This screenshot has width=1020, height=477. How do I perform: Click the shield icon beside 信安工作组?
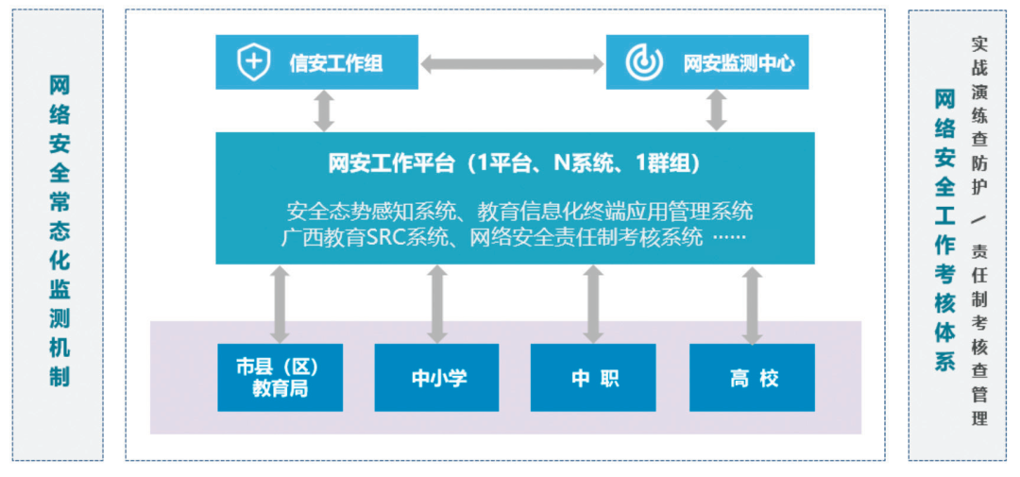pos(252,62)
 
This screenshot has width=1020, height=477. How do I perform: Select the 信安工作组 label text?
pos(336,63)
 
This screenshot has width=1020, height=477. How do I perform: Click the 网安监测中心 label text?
pos(739,63)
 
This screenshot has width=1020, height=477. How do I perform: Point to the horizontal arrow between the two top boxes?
pos(512,63)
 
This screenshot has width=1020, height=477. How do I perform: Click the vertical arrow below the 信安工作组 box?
pos(324,111)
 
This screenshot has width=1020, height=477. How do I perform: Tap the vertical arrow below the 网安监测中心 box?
pos(717,111)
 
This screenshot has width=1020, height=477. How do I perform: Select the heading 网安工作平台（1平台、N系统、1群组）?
pos(515,163)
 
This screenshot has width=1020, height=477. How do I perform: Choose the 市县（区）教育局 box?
pos(280,378)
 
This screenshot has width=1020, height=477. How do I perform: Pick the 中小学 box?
pos(437,378)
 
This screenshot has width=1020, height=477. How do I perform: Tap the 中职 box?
pos(593,378)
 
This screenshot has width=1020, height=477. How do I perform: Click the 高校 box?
pos(752,378)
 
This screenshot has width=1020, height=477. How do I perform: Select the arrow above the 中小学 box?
pos(436,303)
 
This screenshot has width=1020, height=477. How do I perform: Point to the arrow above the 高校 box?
pos(752,303)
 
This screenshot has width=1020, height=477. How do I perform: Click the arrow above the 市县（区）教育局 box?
pos(280,303)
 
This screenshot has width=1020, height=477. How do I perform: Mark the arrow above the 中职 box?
pos(593,303)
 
